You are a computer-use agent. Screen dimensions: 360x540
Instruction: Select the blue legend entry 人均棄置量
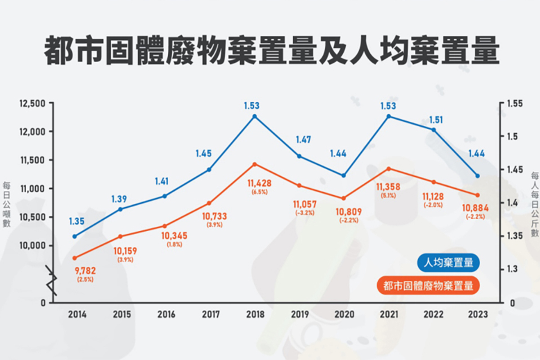click(448, 263)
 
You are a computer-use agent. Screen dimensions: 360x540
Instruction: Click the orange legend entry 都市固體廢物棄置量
click(428, 285)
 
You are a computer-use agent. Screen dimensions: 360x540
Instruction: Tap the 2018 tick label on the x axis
click(255, 315)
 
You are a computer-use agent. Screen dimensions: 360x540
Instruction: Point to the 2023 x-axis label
click(477, 315)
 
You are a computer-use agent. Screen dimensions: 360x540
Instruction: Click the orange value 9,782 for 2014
click(85, 271)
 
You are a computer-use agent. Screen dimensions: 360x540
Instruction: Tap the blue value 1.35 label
click(76, 221)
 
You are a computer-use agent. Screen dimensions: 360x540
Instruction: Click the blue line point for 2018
click(255, 116)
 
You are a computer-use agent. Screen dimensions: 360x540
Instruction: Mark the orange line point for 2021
click(389, 169)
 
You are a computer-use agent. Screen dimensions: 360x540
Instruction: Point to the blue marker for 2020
click(344, 175)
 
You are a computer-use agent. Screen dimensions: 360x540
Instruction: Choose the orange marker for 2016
click(165, 226)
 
